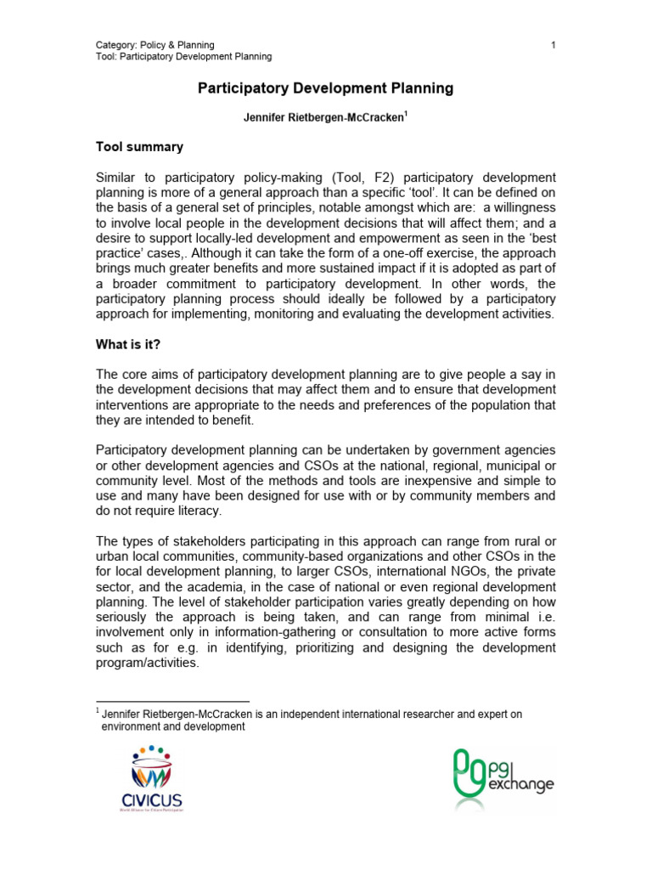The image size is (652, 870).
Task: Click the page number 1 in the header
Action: pyautogui.click(x=553, y=45)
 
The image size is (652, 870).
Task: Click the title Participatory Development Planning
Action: pyautogui.click(x=325, y=88)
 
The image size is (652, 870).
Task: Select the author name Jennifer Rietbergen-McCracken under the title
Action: pyautogui.click(x=323, y=118)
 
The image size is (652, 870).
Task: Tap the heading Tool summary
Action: pyautogui.click(x=138, y=147)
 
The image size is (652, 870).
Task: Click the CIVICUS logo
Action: pyautogui.click(x=151, y=777)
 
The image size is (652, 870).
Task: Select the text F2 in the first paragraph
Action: pyautogui.click(x=380, y=177)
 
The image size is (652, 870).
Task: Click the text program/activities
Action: pyautogui.click(x=147, y=664)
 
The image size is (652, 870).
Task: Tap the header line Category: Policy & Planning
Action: pyautogui.click(x=155, y=45)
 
